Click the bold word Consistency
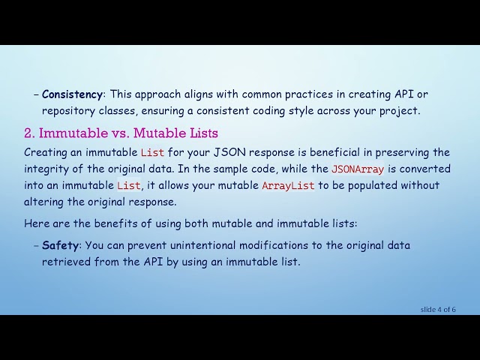click(x=72, y=94)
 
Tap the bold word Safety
click(x=60, y=245)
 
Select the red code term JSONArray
click(x=358, y=169)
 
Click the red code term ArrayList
click(x=288, y=185)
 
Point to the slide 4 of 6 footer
click(x=437, y=309)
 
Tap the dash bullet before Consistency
click(x=36, y=94)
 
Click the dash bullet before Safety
click(x=36, y=245)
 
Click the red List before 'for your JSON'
click(x=152, y=153)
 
